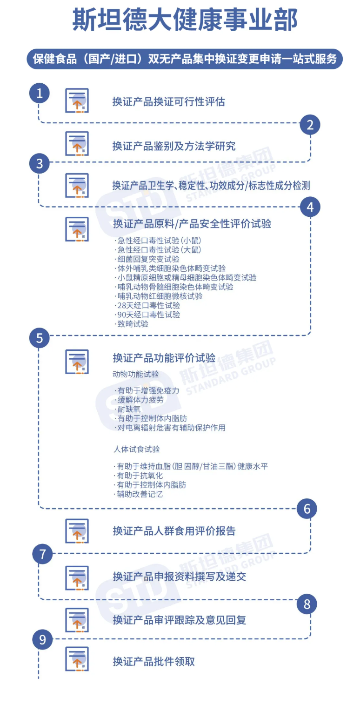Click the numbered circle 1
click(40, 94)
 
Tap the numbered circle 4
click(310, 207)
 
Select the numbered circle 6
click(307, 509)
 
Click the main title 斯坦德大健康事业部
click(185, 20)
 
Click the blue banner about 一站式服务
click(185, 59)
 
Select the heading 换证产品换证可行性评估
click(169, 101)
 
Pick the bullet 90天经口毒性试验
click(147, 315)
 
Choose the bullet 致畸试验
click(132, 324)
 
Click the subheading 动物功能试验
click(136, 374)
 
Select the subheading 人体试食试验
click(137, 449)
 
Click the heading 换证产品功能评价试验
click(164, 358)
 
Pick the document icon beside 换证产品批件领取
click(77, 658)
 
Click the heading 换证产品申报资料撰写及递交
click(180, 577)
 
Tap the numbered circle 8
click(307, 604)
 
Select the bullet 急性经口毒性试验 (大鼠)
click(158, 250)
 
